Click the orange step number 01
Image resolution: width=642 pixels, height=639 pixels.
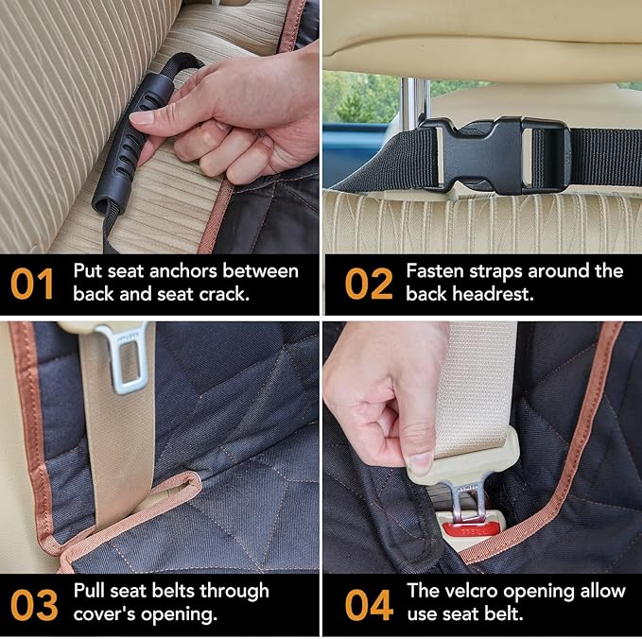pos(33,284)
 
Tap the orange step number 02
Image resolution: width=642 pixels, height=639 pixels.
pos(368,284)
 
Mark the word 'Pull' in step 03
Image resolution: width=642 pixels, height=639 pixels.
pos(90,592)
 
